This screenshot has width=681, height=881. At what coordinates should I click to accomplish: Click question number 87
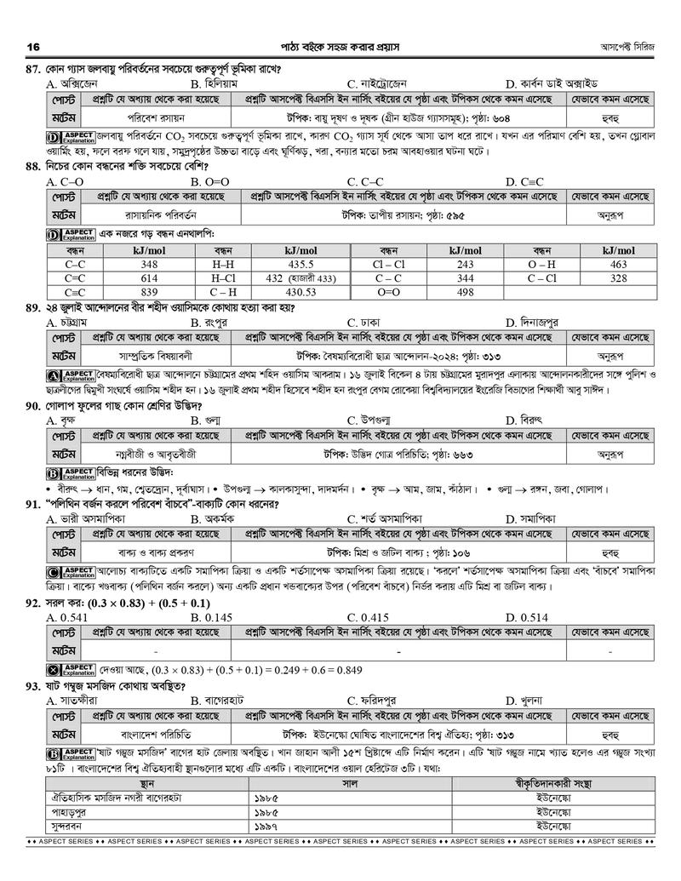point(35,69)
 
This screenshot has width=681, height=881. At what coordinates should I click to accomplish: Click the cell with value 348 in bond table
point(149,265)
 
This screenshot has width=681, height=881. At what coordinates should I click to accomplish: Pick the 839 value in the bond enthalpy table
point(149,292)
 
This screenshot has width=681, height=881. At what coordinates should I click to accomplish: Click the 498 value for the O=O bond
point(465,292)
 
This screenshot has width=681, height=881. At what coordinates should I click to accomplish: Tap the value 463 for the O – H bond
point(618,265)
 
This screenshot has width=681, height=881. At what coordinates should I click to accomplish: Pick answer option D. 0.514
point(526,616)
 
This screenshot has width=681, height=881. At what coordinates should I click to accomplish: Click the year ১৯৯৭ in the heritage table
point(266,825)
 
